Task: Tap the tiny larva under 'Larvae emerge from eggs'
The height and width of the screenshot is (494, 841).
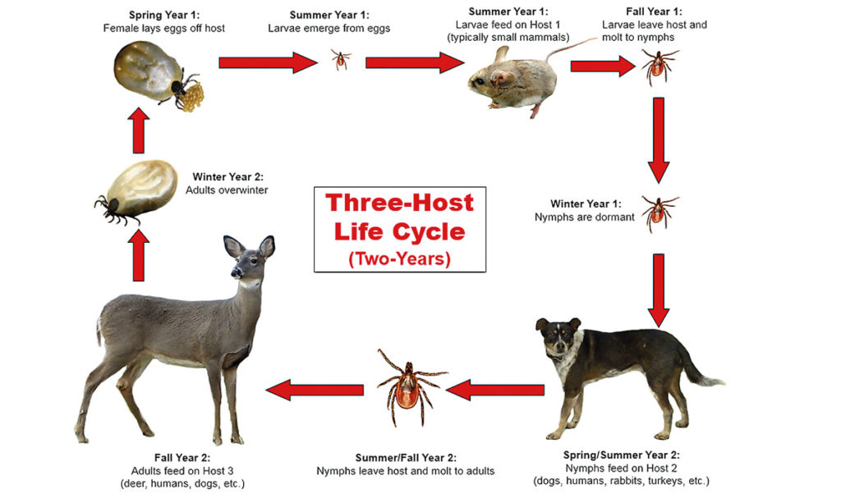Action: [x=341, y=59]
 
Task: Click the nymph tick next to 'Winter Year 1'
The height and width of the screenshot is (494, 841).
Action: [x=659, y=213]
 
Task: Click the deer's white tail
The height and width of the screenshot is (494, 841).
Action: [x=99, y=330]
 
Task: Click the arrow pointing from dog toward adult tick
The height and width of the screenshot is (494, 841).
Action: [x=495, y=390]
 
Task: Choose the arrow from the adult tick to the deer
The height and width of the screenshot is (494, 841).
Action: [x=315, y=390]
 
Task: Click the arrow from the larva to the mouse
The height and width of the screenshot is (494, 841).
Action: [x=415, y=62]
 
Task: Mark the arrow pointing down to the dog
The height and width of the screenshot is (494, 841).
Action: [x=659, y=290]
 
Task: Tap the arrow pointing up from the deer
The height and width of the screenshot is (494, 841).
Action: [x=138, y=255]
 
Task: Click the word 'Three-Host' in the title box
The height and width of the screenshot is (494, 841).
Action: [x=400, y=203]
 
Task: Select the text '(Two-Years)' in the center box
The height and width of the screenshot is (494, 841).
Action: [x=400, y=258]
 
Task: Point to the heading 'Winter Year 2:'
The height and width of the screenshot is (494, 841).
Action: [x=228, y=176]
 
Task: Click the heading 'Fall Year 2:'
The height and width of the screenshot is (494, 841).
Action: [x=182, y=458]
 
